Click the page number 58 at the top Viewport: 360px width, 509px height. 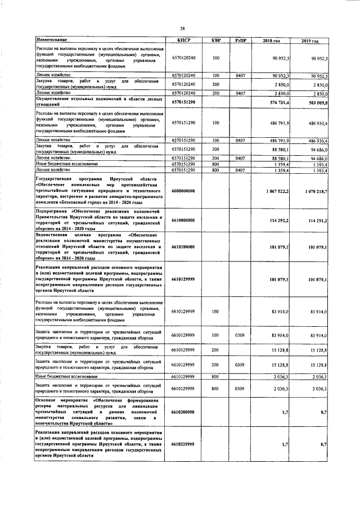point(182,29)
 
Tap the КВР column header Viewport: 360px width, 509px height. point(216,40)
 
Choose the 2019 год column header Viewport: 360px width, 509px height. point(310,40)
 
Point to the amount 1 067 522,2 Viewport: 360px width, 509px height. point(275,192)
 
